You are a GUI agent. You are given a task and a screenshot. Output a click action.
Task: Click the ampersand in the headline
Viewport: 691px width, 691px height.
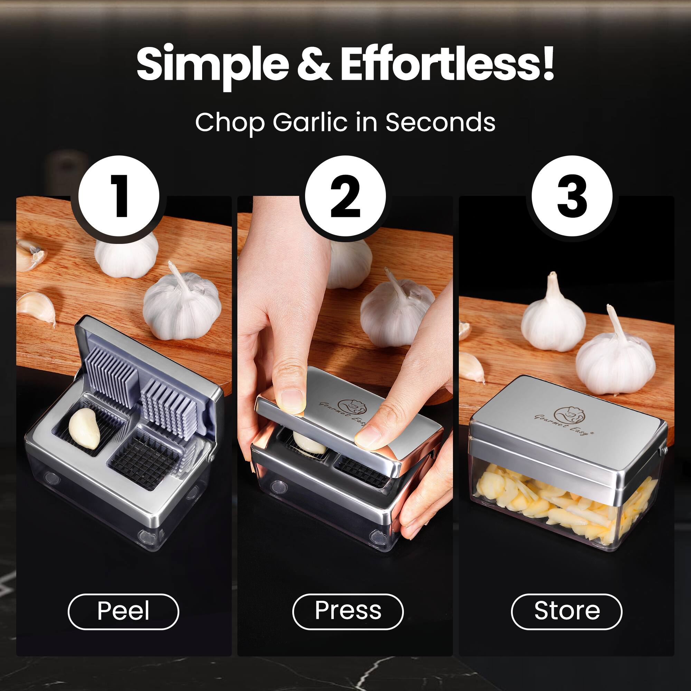[x=314, y=64]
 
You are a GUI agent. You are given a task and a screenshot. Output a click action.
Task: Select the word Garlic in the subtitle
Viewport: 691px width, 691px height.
[x=310, y=123]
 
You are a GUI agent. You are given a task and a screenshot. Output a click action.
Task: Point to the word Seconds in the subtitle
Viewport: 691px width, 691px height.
[x=440, y=122]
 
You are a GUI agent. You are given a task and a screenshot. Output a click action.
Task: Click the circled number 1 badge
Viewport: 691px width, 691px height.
[x=119, y=197]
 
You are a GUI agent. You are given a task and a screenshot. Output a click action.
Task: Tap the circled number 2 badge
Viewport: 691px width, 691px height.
[x=345, y=197]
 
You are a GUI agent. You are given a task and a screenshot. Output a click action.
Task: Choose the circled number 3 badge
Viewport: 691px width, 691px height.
[x=572, y=196]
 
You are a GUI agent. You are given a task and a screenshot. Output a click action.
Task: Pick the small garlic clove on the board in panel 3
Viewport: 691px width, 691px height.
[x=471, y=367]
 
